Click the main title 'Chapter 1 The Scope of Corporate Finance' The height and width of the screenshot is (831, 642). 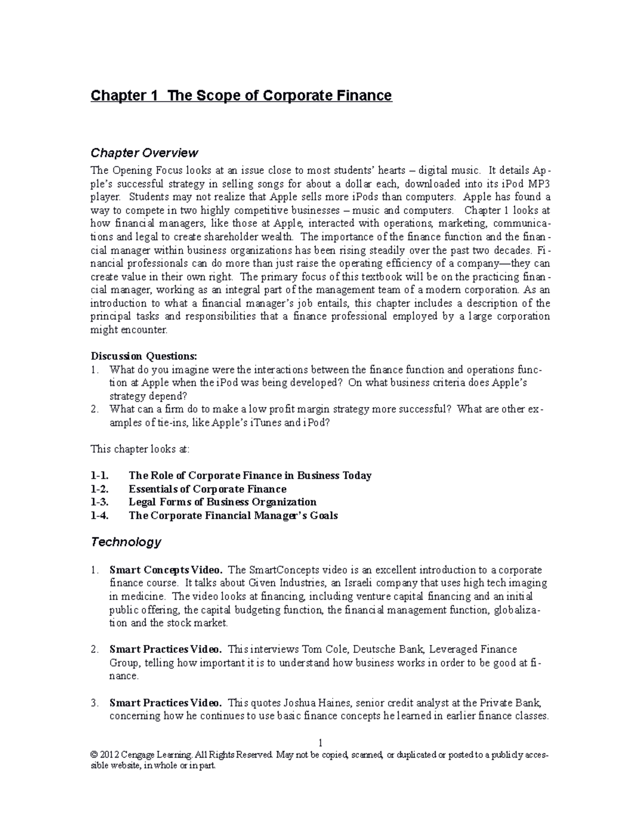241,96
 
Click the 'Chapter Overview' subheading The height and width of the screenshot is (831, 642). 144,153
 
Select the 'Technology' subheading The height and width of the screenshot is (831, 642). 126,542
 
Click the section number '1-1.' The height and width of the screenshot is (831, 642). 100,475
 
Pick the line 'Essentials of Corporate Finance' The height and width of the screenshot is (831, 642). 208,489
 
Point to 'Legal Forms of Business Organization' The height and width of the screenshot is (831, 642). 223,502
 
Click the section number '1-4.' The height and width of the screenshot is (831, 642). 100,515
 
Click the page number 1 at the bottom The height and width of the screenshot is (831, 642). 320,743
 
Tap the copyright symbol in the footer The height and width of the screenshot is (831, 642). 95,755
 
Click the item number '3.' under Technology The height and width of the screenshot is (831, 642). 95,703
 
